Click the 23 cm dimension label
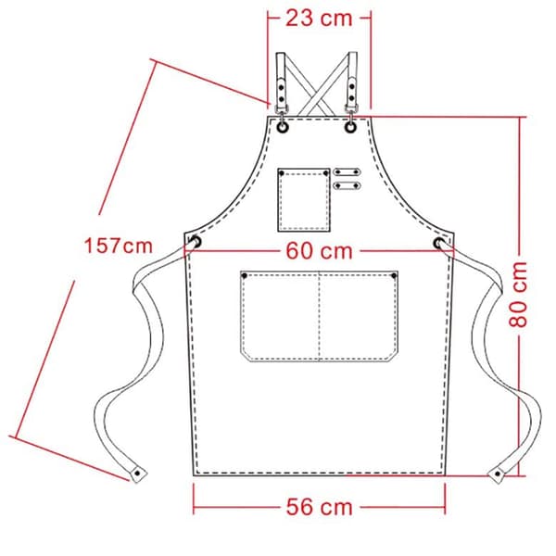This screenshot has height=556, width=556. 319,19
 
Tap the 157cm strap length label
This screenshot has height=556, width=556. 118,246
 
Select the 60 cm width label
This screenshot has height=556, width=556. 319,251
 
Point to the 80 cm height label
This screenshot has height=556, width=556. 518,295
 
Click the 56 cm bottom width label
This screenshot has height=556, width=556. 319,507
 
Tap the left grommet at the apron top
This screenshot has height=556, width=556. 283,127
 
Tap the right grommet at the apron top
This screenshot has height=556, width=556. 350,127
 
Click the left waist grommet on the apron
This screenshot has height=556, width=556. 196,242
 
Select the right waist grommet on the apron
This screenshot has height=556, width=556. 439,243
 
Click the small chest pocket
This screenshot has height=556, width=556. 304,200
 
